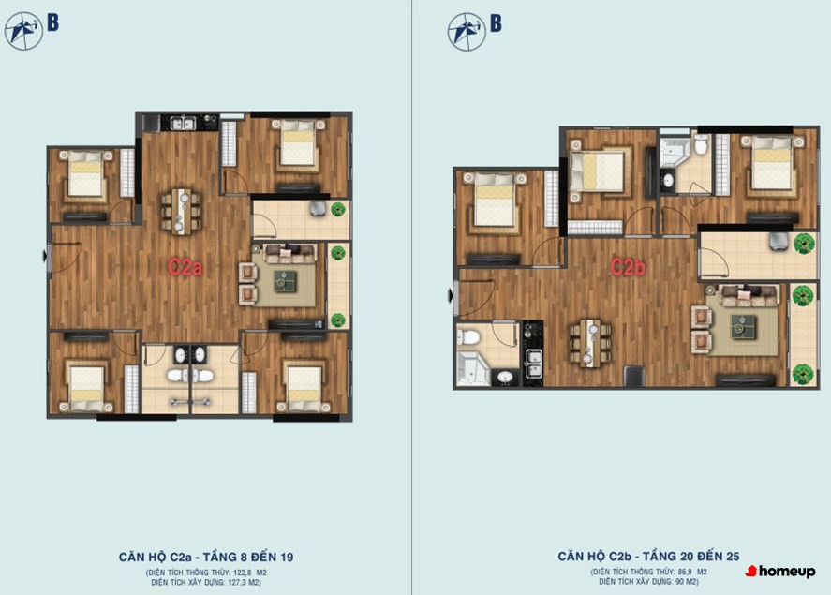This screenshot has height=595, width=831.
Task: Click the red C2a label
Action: [185, 266]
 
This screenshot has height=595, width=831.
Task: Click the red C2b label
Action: [628, 267]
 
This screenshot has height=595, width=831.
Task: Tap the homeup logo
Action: [780, 572]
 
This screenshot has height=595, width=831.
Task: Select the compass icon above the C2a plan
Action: [23, 31]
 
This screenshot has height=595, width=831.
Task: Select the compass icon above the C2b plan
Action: [467, 32]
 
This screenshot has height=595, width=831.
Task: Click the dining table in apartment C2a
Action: [181, 212]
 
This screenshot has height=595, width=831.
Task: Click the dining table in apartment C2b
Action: [590, 343]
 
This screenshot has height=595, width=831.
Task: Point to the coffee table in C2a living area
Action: [285, 281]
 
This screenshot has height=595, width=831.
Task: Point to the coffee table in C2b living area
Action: [743, 326]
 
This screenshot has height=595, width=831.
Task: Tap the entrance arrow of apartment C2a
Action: [45, 257]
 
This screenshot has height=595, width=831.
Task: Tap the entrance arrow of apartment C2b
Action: [451, 296]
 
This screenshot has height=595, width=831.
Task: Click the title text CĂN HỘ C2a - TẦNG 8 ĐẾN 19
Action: [205, 557]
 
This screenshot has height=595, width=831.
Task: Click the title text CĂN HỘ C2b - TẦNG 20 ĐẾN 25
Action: [648, 557]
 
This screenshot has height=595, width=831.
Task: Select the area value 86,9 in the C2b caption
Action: [685, 573]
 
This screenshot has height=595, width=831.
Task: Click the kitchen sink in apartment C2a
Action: [183, 123]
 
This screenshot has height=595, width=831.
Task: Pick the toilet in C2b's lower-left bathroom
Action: [468, 336]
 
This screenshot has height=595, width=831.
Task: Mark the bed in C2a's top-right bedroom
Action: [297, 143]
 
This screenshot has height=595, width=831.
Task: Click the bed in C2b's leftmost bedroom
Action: [494, 201]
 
